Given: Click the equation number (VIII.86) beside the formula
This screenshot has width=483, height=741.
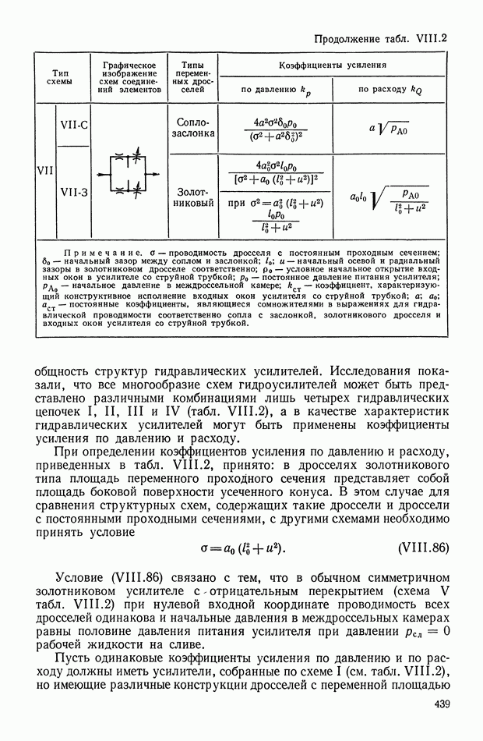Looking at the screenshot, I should (423, 548).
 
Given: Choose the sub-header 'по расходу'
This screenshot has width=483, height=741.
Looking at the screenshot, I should (390, 90).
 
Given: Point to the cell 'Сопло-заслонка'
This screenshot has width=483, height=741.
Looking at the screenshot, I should (194, 128).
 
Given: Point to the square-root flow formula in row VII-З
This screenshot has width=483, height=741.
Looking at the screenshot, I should (389, 200).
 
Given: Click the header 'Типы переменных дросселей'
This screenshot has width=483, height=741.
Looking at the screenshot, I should (194, 77).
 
